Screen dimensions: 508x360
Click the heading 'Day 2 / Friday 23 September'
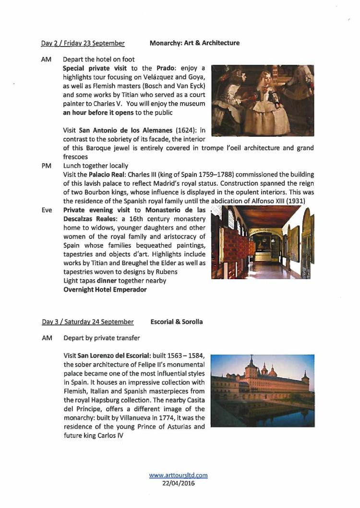pyautogui.click(x=83, y=43)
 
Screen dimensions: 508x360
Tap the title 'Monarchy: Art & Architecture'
pyautogui.click(x=194, y=43)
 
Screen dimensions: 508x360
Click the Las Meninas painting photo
pyautogui.click(x=263, y=100)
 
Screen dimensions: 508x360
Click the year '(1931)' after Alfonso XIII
pyautogui.click(x=296, y=201)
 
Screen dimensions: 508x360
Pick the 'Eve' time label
pyautogui.click(x=47, y=210)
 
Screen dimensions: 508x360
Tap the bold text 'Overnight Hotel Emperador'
pyautogui.click(x=105, y=289)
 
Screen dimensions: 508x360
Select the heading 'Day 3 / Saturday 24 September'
pyautogui.click(x=87, y=322)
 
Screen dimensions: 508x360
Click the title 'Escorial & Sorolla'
pyautogui.click(x=177, y=322)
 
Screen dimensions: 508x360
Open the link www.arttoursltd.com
pyautogui.click(x=179, y=475)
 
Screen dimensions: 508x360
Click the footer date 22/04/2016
pyautogui.click(x=179, y=483)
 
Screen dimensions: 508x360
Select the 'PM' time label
pyautogui.click(x=47, y=165)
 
